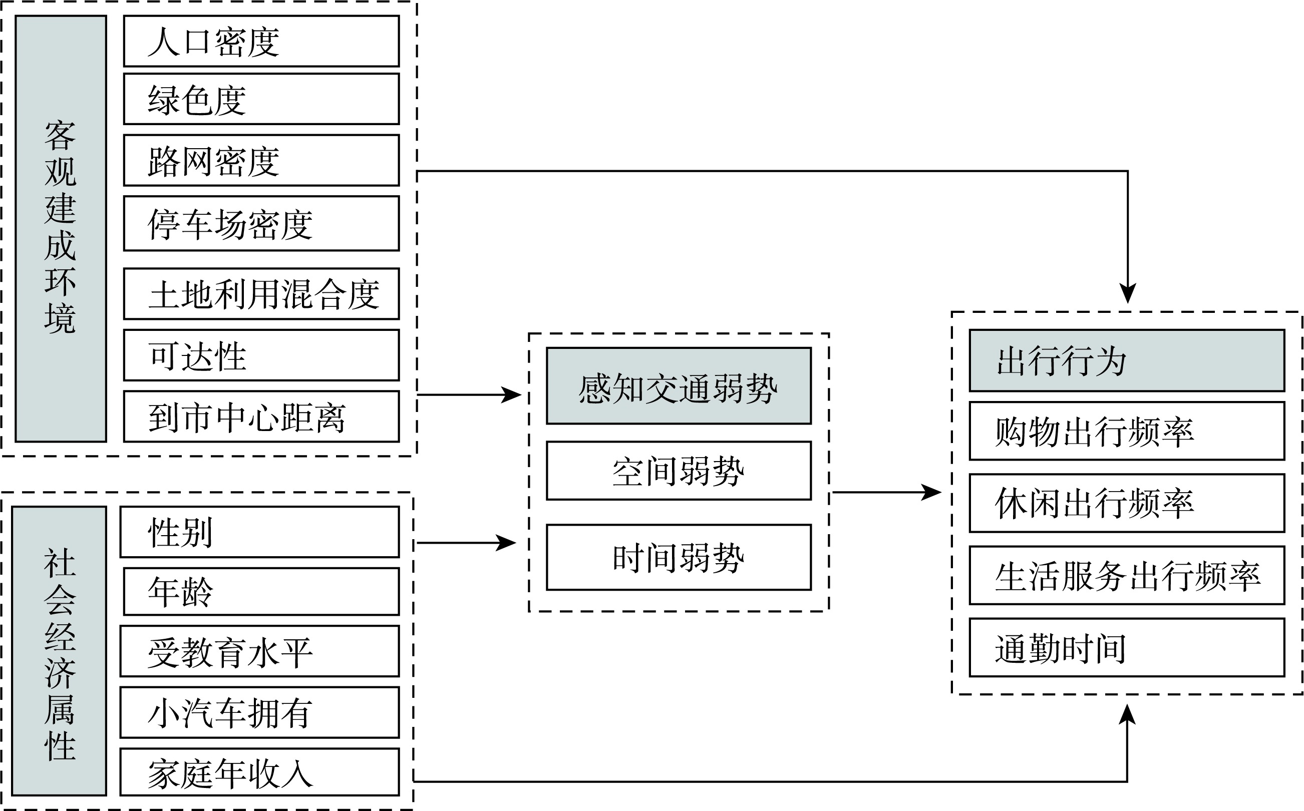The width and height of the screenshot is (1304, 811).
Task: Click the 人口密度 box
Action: tap(261, 41)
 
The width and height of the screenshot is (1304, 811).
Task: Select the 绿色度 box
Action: tap(261, 99)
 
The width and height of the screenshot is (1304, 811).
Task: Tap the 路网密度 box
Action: tap(261, 160)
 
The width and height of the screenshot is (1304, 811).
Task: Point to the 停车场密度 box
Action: tap(261, 223)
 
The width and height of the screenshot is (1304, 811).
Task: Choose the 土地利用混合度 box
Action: tap(261, 294)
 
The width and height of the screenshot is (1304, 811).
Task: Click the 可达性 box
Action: tap(261, 355)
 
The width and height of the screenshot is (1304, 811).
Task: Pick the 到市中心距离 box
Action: tap(261, 417)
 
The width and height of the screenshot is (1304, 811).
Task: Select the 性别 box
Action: tap(259, 532)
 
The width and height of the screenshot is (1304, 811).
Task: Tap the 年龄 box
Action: tap(261, 592)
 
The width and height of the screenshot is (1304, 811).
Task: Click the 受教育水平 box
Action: tap(259, 651)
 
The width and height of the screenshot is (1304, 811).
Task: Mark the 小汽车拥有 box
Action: tap(259, 712)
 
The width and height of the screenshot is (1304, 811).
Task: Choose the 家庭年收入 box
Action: tap(259, 772)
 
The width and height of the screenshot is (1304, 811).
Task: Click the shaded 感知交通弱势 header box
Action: tap(679, 386)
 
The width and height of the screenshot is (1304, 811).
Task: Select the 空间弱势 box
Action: tap(679, 471)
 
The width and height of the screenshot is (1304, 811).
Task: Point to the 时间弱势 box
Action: tap(679, 558)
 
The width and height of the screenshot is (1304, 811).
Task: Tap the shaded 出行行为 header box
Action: tap(1126, 360)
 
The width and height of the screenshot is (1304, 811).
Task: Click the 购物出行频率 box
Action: tap(1126, 431)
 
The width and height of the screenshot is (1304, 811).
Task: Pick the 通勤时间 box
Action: tap(1126, 648)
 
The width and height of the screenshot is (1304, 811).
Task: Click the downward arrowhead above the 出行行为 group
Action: tap(1128, 293)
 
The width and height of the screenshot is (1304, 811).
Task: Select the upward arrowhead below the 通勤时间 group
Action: tap(1127, 715)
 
